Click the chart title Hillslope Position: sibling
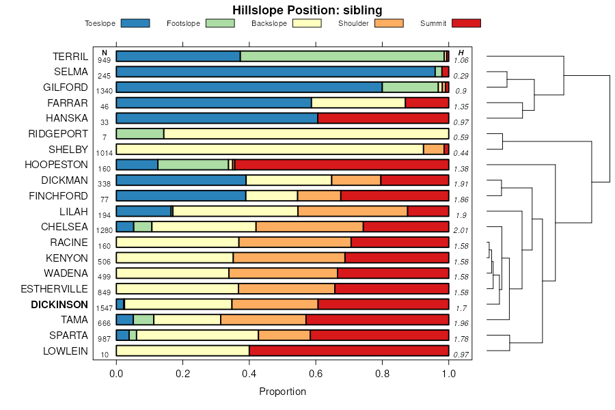(x=307, y=10)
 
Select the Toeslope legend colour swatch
(x=135, y=23)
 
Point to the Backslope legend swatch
(x=307, y=23)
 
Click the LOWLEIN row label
(x=65, y=351)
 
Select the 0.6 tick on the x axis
(x=316, y=374)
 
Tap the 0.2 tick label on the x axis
(x=182, y=374)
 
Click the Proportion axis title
(x=282, y=392)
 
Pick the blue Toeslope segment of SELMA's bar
(x=275, y=72)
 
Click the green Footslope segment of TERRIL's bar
(x=342, y=56)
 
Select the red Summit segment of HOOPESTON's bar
(x=342, y=165)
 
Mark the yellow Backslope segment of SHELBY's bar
(x=270, y=149)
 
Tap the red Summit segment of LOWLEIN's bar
(x=348, y=351)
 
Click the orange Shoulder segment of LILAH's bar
(x=353, y=211)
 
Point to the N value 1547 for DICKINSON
(x=105, y=308)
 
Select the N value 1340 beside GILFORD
(x=105, y=91)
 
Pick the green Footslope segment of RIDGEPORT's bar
(x=140, y=133)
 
